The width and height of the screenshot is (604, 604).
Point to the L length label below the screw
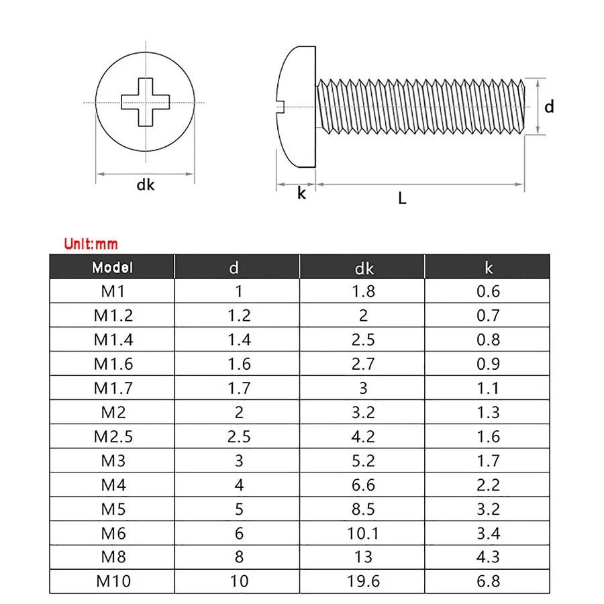point(402,198)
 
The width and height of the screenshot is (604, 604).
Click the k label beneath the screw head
point(301,193)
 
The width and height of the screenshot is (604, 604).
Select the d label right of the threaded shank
point(549,107)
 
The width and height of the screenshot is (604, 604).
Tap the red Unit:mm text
point(91,244)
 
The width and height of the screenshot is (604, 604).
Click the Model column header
point(113,267)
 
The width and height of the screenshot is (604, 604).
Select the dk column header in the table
point(364,268)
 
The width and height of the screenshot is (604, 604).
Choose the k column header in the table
point(488,268)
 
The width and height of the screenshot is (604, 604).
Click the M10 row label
point(113,581)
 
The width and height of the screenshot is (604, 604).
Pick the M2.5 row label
point(113,436)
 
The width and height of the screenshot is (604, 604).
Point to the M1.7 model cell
point(113,388)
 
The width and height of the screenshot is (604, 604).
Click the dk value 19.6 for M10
point(363,581)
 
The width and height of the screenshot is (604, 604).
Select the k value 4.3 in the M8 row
point(488,557)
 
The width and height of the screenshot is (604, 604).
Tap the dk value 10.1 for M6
point(363,533)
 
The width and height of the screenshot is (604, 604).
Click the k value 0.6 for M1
point(488,291)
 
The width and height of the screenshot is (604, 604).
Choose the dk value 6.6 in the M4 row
point(363,485)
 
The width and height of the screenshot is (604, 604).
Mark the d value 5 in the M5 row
point(239,509)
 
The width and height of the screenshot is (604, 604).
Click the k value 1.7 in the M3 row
point(488,460)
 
